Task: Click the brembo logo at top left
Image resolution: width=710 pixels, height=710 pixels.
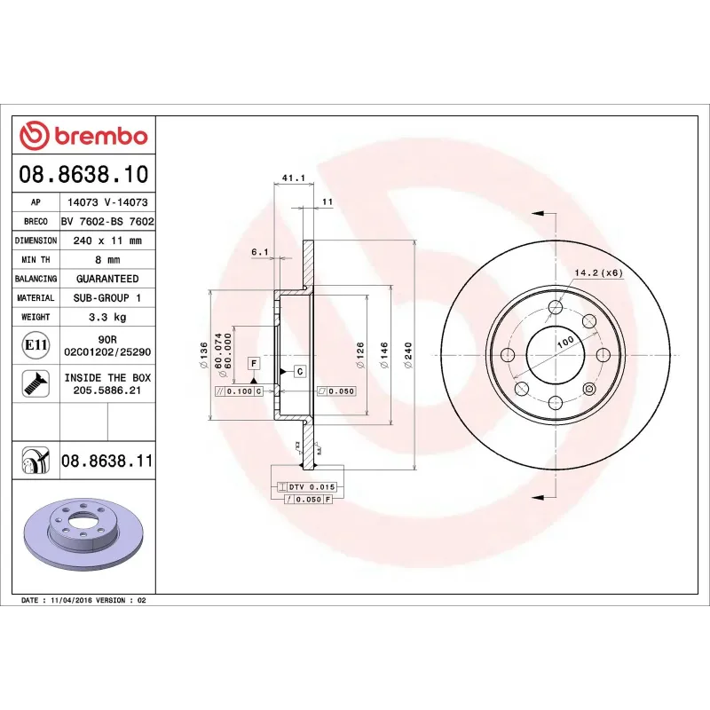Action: point(83,136)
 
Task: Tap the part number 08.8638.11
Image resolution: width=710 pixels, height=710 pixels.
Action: point(107,461)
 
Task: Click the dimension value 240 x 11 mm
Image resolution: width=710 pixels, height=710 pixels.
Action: point(106,241)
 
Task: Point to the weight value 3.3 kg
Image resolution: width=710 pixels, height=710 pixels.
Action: point(106,317)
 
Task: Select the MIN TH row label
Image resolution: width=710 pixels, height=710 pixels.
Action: point(35,260)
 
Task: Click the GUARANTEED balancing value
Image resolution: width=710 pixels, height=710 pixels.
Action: point(106,279)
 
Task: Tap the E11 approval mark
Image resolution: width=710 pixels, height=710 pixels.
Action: point(35,344)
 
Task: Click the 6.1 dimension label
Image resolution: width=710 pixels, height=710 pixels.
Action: point(259,252)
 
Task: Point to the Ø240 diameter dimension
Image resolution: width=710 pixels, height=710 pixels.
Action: point(407,355)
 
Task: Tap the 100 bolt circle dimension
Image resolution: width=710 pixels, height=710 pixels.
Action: point(564,342)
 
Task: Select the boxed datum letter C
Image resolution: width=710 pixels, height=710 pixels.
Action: point(300,371)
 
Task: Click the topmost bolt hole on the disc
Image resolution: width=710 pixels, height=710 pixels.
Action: point(556,307)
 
